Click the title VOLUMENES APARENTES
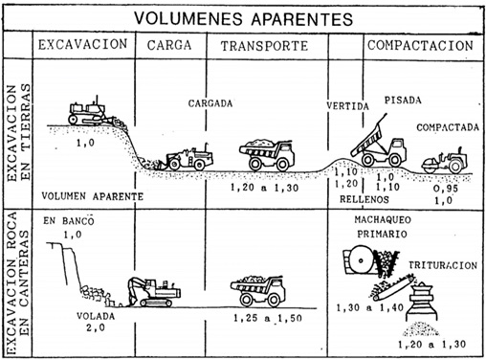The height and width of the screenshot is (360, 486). coord(242,17)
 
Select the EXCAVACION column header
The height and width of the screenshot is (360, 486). coord(82,45)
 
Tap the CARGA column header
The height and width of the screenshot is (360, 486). coord(172,45)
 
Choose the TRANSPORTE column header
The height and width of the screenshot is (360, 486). coord(263,45)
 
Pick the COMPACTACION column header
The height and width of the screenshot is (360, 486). coord(420,45)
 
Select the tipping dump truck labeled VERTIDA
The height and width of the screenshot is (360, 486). coord(378,146)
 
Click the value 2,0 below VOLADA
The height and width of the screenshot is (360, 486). coord(93,326)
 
